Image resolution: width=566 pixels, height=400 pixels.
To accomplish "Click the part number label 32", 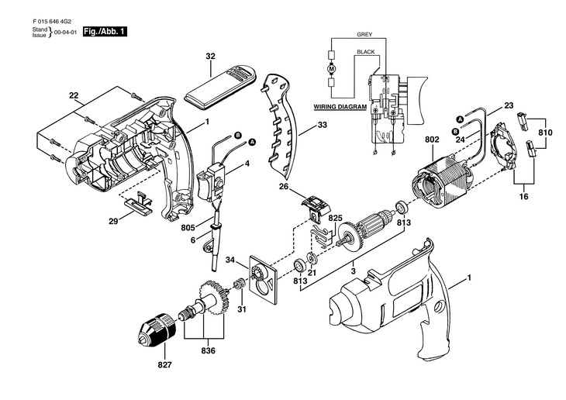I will pyautogui.click(x=210, y=57).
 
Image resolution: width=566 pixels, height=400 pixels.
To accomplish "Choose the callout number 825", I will pyautogui.click(x=335, y=219).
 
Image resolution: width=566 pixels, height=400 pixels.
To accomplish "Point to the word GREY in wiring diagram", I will pyautogui.click(x=364, y=36).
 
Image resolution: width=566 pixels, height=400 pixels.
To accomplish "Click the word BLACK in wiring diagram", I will pyautogui.click(x=365, y=51).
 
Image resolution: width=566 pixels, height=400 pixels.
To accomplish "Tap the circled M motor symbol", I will pyautogui.click(x=331, y=69).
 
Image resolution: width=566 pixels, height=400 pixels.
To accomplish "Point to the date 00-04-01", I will pyautogui.click(x=64, y=33).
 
